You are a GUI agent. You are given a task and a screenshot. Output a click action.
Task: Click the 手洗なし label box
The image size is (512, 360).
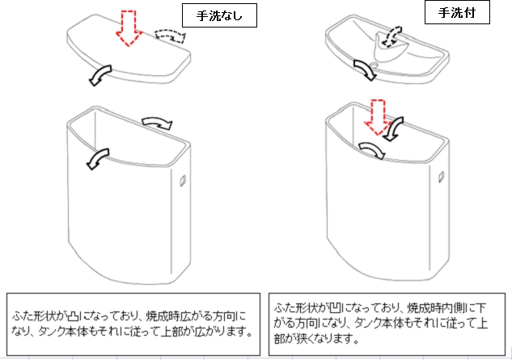(x=219, y=15)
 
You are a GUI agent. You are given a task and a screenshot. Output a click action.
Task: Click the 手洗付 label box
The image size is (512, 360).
(x=457, y=12)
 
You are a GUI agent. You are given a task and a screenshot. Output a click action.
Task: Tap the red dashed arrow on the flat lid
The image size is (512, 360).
(x=129, y=28)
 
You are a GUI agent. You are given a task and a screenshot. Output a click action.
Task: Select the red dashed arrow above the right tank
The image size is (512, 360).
(x=378, y=117)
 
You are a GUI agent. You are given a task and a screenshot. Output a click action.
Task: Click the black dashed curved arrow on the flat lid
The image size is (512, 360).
(x=170, y=36)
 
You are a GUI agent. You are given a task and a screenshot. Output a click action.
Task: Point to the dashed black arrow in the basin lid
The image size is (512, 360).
(x=391, y=36)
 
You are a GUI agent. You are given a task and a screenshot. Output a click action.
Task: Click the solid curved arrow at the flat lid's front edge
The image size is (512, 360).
(x=100, y=75)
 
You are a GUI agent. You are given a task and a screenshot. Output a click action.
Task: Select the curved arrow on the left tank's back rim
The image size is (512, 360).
(x=158, y=123)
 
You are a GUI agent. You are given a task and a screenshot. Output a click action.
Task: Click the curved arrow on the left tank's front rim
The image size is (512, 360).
(x=98, y=159)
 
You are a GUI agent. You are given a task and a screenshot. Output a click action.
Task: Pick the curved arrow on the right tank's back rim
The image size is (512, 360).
(x=393, y=129)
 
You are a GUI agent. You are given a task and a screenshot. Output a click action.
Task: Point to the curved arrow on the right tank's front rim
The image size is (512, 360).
(x=372, y=150)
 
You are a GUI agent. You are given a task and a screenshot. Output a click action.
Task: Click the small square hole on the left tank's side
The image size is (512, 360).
(x=183, y=180)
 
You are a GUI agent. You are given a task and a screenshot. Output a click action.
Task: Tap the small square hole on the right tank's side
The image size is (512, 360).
(x=441, y=176)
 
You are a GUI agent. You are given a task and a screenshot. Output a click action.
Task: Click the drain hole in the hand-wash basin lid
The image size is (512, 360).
(x=374, y=65)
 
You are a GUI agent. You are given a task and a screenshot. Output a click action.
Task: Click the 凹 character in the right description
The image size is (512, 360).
(x=335, y=307)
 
